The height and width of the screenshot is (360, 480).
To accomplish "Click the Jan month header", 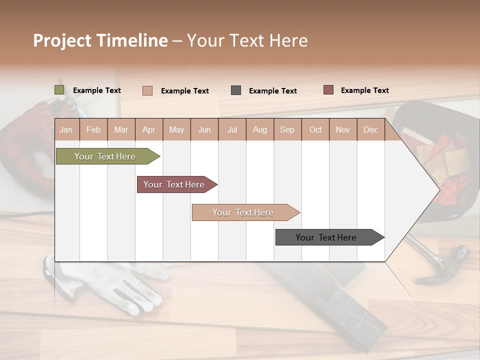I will click(66, 130).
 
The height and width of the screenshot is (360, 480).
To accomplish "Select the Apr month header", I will click(148, 130).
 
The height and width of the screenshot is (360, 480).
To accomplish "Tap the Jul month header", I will click(232, 130).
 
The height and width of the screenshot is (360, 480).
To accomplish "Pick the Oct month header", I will click(315, 130).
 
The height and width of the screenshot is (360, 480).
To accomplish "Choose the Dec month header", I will click(370, 130).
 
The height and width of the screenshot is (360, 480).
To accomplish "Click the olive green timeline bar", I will click(105, 156).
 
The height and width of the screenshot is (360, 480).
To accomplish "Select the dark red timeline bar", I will click(174, 184).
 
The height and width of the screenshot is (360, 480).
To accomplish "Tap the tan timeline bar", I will click(243, 212).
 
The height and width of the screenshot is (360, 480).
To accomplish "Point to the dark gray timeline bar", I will click(326, 237).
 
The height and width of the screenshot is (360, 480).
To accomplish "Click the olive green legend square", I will click(59, 90).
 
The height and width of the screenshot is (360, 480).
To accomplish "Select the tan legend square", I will click(147, 90).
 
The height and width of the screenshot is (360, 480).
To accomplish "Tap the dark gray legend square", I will click(236, 90).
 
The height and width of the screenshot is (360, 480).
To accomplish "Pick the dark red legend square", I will click(328, 90).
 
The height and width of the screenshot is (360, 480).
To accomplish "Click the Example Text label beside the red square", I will click(364, 90).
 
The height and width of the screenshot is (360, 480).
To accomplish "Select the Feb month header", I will click(93, 130).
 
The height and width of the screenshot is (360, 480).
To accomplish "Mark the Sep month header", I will click(287, 130).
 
